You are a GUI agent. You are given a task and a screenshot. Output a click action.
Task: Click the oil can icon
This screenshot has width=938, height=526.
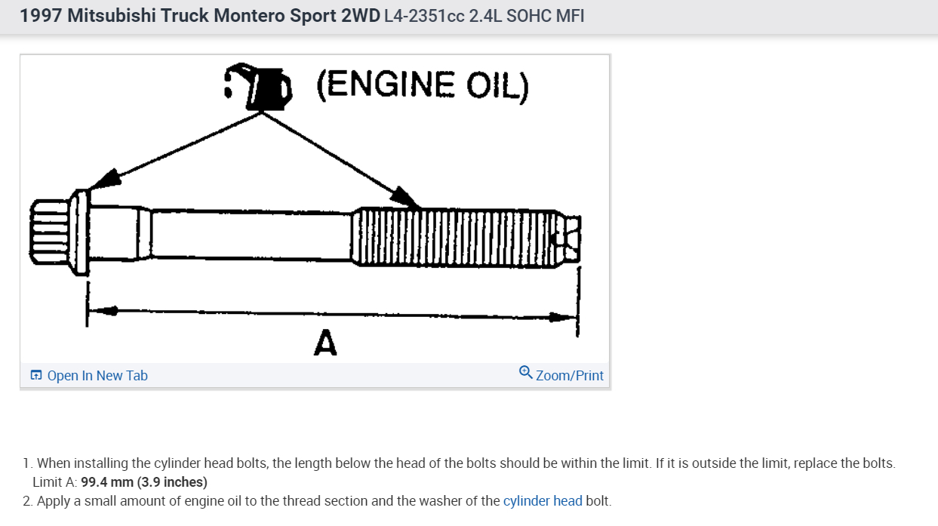coord(258,88)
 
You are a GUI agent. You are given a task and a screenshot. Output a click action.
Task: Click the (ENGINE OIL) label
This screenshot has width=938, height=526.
coord(423,85)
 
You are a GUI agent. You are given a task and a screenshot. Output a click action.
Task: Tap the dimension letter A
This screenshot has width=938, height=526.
coord(324,343)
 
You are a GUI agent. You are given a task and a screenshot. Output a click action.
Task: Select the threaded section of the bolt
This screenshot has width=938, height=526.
coord(453,236)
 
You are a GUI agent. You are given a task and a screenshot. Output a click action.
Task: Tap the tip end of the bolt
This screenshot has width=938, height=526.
coord(570,238)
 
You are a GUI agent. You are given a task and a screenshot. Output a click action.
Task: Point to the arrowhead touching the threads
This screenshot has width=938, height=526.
coord(404,198)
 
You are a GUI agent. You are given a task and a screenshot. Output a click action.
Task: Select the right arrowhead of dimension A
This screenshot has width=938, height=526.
coord(562,317)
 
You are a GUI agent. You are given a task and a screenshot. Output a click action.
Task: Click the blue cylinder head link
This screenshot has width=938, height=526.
coord(543,500)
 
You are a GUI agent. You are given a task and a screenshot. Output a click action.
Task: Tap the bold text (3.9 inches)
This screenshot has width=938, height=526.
coord(172,481)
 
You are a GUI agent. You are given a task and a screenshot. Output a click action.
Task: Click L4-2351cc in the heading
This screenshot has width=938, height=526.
coord(424,16)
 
